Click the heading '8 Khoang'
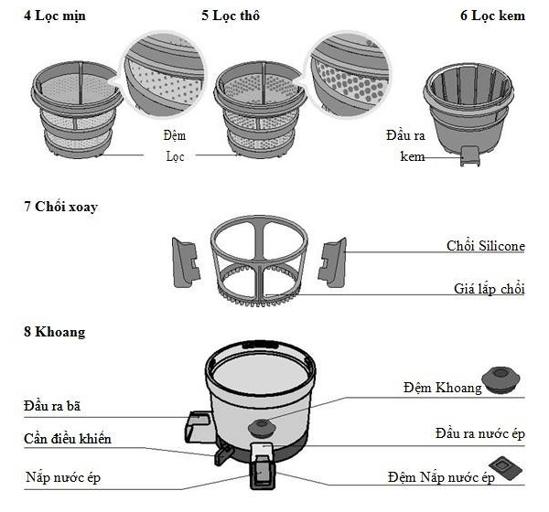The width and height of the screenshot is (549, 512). pos(54,332)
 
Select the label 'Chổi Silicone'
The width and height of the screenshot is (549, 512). pos(486,246)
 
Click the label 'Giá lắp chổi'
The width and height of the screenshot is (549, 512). pos(489,289)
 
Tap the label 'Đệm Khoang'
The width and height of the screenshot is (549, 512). pos(442,388)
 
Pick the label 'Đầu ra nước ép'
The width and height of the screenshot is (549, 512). pos(479,432)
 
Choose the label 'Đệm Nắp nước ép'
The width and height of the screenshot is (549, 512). pos(441,476)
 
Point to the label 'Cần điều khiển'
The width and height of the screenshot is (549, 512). pos(68,439)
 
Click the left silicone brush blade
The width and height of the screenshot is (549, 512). pos(186,259)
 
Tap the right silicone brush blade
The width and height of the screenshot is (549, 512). pos(332,259)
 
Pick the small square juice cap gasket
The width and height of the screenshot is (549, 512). pos(502,465)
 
